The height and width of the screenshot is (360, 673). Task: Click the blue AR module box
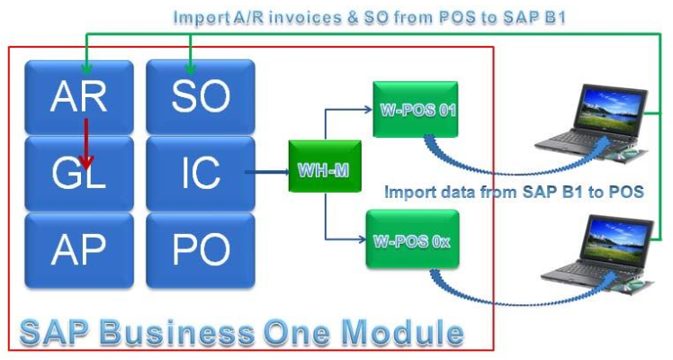[x=79, y=97]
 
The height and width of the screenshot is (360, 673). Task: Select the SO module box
[x=201, y=97]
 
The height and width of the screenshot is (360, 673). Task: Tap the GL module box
[x=79, y=174]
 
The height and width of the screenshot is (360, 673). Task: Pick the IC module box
[x=201, y=174]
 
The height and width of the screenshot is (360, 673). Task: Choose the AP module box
[x=79, y=250]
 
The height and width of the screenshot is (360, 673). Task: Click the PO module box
[x=201, y=250]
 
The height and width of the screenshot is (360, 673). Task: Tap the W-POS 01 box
[x=415, y=110]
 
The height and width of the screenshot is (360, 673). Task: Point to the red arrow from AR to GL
[x=86, y=144]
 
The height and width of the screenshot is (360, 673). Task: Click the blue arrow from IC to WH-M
[x=267, y=172]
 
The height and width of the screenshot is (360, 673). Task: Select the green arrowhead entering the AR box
[x=86, y=69]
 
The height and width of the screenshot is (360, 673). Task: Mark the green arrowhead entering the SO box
[x=190, y=69]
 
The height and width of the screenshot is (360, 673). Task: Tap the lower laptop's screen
[x=618, y=238]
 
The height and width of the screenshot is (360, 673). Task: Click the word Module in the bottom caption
[x=404, y=332]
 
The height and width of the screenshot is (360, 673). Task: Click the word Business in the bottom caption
[x=177, y=332]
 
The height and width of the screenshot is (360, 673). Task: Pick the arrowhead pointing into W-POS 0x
[x=362, y=239]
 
